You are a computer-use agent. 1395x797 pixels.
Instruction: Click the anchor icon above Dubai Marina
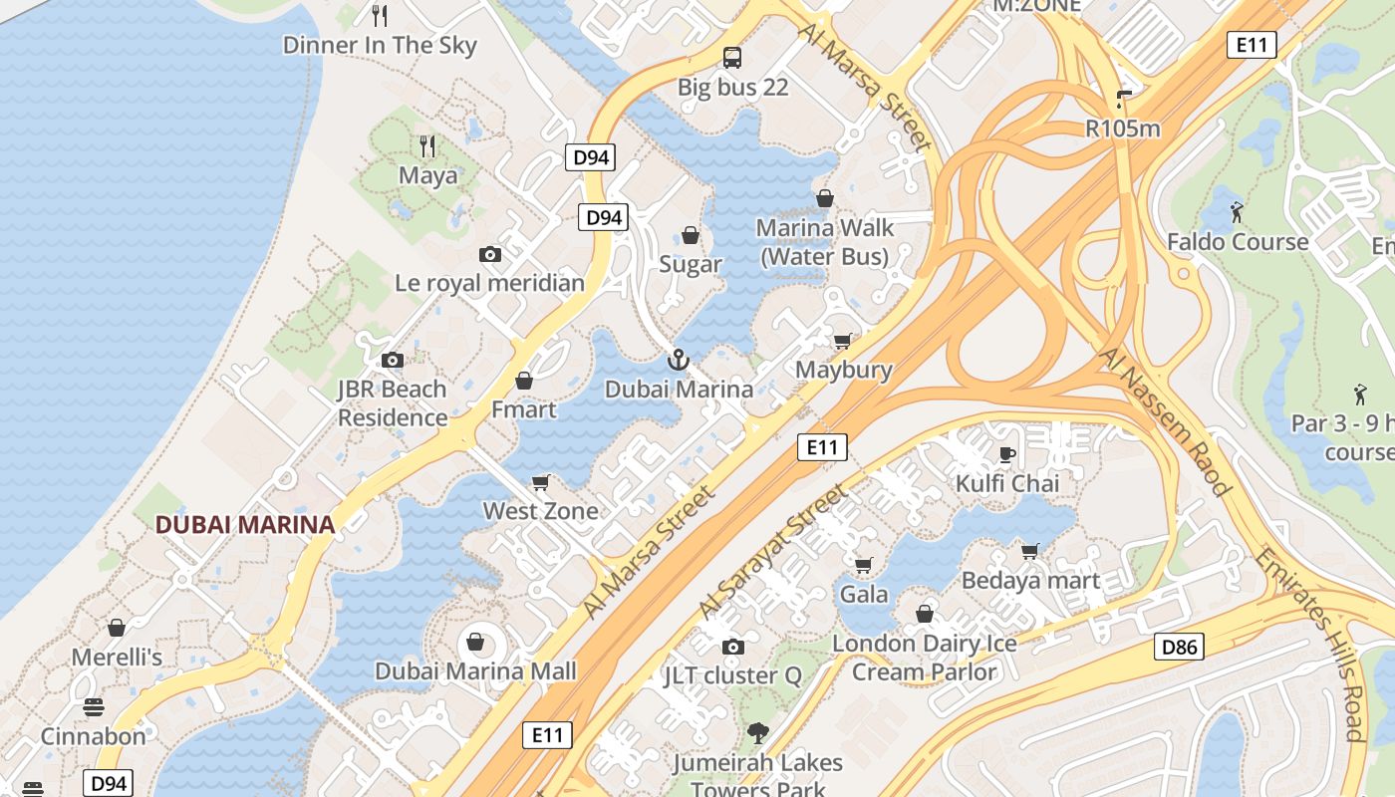[679, 359]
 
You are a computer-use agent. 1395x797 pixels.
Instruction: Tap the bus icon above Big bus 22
[732, 58]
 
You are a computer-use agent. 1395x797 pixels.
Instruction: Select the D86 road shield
[1180, 648]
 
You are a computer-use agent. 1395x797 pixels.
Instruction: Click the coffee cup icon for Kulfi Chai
[1007, 455]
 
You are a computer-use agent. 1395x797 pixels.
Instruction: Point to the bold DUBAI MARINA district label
[244, 524]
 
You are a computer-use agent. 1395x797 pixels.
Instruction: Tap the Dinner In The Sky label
[380, 45]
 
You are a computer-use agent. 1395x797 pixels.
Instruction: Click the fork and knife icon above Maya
[428, 146]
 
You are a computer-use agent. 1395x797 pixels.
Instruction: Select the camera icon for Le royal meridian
[490, 254]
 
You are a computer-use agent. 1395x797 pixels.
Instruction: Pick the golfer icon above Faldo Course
[1237, 212]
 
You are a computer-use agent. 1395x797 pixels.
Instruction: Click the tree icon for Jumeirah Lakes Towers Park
[757, 734]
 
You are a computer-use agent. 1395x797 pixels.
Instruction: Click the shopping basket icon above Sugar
[690, 235]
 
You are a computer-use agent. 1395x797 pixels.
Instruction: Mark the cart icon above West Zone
[541, 482]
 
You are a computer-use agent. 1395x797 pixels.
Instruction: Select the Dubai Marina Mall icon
[475, 642]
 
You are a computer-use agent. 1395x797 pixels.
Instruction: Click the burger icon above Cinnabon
[94, 707]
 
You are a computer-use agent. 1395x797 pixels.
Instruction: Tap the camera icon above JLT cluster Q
[732, 647]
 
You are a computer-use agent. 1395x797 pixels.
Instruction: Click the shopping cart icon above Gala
[864, 565]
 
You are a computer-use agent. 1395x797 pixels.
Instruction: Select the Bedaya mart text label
[1030, 580]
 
